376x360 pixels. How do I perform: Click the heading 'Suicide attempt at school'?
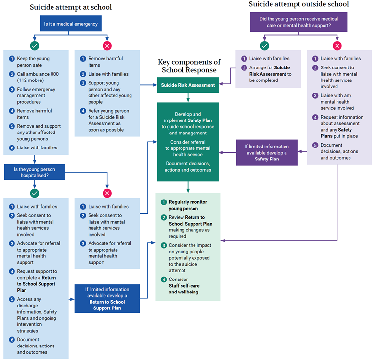[x=71, y=7]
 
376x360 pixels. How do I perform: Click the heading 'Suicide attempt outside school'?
[x=298, y=4]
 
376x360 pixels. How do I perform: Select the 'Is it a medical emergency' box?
[x=71, y=24]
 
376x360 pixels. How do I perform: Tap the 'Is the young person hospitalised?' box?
[x=34, y=173]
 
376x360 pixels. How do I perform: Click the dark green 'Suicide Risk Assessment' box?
[x=188, y=85]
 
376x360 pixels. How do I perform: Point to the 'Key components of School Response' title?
[x=189, y=66]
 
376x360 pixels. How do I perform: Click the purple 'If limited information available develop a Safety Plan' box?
[x=267, y=152]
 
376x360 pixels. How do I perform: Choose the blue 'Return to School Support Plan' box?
[x=107, y=298]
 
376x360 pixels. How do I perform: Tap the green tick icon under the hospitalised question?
[x=34, y=193]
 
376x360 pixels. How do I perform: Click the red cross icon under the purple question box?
[x=337, y=46]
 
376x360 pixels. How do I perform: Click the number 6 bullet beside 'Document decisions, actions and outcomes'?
[x=12, y=340]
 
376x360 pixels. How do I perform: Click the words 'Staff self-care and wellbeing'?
[x=183, y=289]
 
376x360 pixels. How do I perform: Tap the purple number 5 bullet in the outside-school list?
[x=315, y=145]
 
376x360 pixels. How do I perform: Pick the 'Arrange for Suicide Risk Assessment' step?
[x=270, y=74]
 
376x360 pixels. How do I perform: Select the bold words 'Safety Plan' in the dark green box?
[x=199, y=120]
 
